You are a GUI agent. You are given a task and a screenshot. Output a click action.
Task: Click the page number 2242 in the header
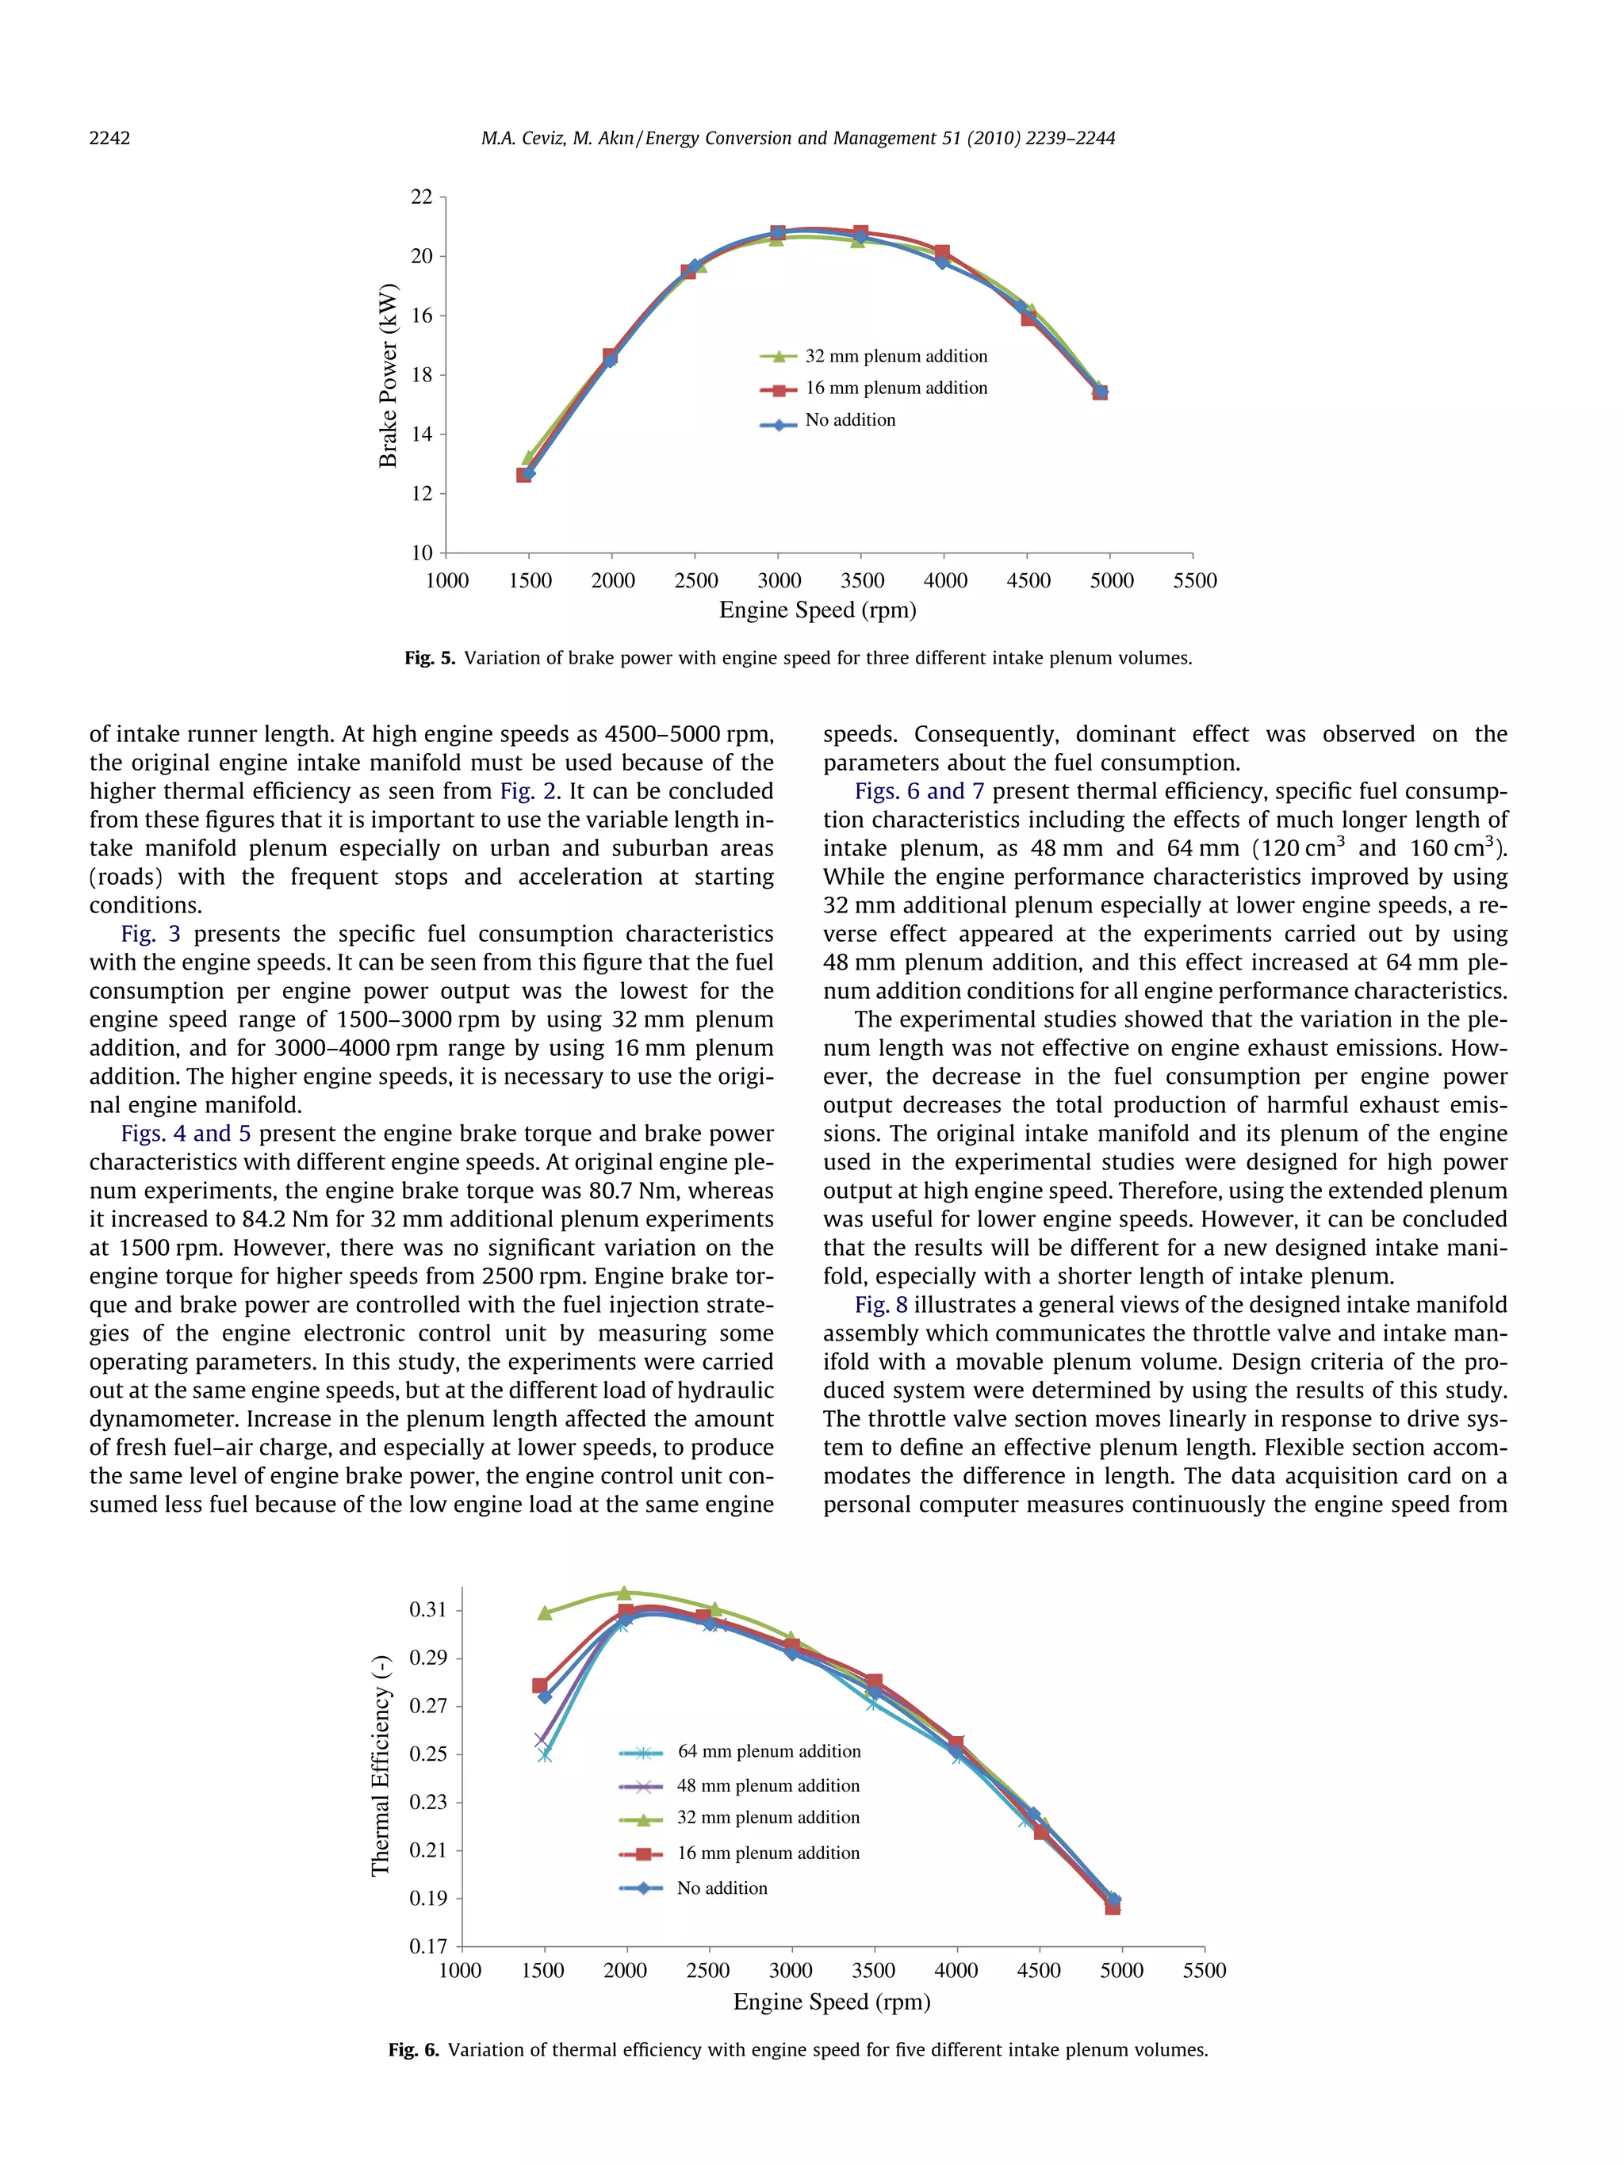(109, 138)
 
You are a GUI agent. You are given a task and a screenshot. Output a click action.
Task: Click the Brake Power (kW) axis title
(388, 376)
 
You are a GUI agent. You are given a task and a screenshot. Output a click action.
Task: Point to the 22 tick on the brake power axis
(421, 197)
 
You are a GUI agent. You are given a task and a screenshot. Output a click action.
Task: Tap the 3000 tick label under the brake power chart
(779, 580)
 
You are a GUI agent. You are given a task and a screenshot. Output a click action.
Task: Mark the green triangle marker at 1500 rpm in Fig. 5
(530, 457)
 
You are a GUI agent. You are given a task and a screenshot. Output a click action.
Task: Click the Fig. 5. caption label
(430, 658)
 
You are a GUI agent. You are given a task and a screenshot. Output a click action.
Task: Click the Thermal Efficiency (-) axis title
(380, 1765)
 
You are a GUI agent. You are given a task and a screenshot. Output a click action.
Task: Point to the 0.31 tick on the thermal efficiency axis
(427, 1609)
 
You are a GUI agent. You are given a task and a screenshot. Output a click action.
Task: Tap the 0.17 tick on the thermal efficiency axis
(427, 1945)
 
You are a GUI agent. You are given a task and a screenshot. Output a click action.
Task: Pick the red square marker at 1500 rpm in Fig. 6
(539, 1685)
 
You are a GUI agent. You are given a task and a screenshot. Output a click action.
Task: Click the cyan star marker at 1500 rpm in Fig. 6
(546, 1755)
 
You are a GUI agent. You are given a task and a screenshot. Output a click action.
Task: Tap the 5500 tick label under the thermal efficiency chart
(1203, 1970)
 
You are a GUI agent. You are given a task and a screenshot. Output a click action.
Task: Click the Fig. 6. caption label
(413, 2049)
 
